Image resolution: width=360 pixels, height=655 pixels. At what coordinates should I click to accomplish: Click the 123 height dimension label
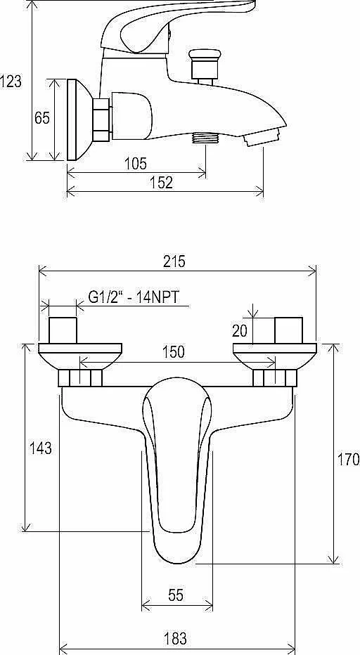coord(11,81)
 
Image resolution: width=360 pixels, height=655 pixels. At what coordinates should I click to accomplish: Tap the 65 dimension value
coord(41,118)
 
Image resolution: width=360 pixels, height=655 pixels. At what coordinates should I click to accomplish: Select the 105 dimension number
coord(136,163)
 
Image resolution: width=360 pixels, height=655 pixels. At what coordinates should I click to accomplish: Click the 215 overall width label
coord(174,261)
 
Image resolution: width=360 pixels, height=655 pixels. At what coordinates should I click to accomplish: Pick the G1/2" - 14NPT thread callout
coord(134,297)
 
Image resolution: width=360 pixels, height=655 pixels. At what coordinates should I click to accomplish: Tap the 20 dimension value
coord(240,331)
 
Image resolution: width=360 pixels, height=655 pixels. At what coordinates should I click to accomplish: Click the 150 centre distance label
coord(173,351)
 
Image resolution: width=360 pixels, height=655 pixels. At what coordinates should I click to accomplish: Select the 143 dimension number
coord(41,448)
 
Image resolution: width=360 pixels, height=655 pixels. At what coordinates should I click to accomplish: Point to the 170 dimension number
coord(348,460)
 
